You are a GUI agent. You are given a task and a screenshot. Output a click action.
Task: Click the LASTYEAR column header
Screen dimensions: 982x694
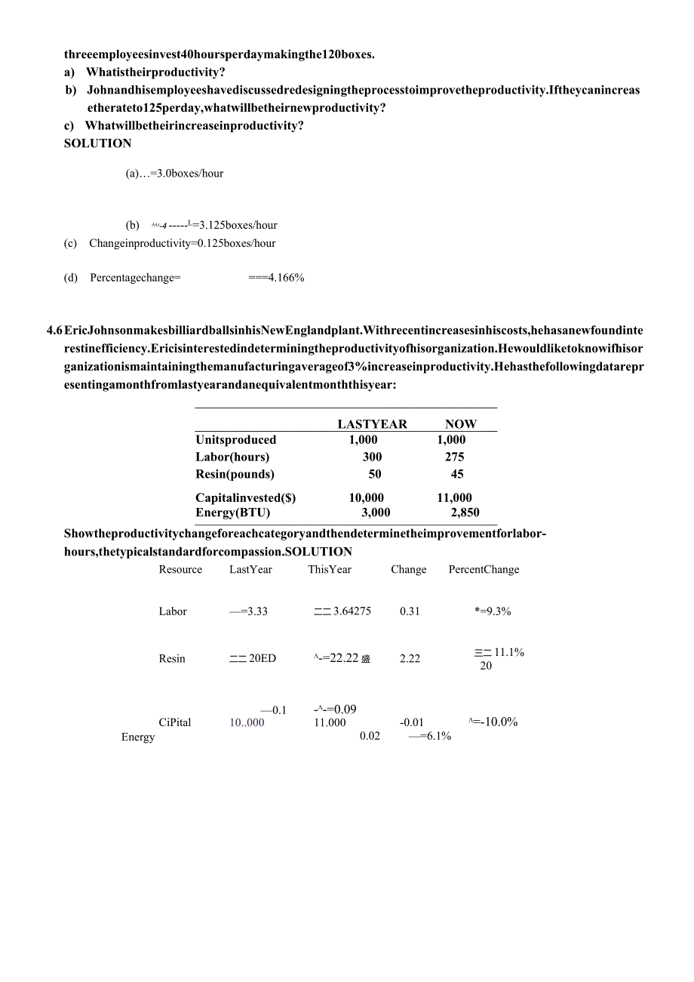click(372, 424)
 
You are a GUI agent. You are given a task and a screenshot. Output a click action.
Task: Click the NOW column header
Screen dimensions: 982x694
click(460, 424)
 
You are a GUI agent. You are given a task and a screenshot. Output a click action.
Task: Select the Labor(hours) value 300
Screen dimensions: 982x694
click(372, 457)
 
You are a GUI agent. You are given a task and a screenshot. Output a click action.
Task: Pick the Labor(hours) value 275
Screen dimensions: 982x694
click(454, 457)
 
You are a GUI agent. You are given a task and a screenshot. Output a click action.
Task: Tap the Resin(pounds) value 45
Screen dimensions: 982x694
click(456, 474)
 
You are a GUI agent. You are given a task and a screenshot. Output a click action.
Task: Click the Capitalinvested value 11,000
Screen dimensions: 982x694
click(454, 497)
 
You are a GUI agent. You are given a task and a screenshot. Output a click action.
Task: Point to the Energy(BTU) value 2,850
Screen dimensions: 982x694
click(465, 513)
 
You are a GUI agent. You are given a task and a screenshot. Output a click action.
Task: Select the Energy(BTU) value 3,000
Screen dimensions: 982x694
click(375, 513)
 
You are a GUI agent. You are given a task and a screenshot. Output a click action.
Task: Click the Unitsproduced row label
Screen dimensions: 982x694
click(235, 439)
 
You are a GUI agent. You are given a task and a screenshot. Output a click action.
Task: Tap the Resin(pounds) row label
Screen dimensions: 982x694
click(235, 474)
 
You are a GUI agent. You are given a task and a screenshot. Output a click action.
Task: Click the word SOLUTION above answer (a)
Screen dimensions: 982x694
click(97, 143)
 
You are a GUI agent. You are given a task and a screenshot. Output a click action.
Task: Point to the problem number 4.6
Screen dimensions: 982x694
click(54, 331)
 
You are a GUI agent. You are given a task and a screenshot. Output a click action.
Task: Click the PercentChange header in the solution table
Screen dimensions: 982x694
click(484, 569)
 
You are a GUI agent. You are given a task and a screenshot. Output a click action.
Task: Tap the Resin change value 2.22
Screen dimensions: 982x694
click(410, 658)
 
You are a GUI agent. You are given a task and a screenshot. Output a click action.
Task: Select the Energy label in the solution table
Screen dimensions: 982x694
click(138, 737)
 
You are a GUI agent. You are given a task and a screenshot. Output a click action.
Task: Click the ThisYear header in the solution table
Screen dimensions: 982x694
click(330, 569)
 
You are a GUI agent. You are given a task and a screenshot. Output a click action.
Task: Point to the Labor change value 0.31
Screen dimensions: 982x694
click(410, 611)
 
